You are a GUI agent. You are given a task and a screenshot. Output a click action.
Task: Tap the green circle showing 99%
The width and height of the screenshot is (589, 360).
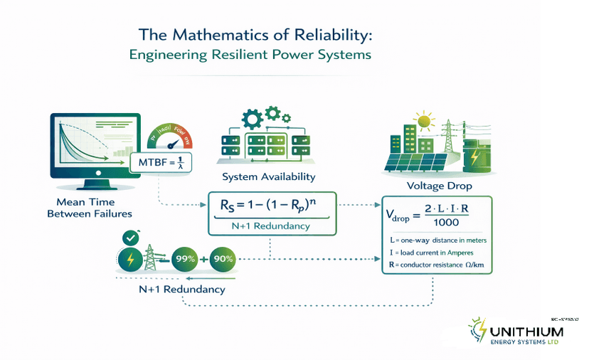186,259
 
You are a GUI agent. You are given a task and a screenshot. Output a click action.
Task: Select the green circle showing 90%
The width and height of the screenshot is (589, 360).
223,259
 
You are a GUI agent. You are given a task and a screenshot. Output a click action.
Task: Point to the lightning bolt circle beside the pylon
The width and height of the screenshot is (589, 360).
130,260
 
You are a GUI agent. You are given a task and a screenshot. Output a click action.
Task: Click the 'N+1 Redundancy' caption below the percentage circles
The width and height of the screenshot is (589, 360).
181,290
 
